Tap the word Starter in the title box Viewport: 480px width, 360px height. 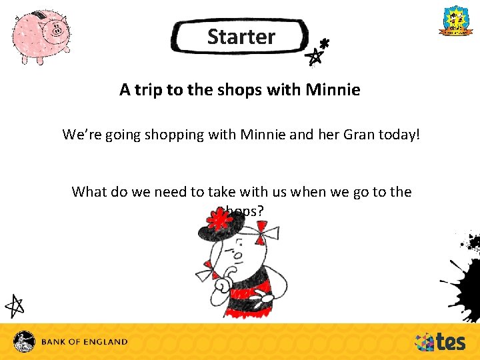pyautogui.click(x=241, y=37)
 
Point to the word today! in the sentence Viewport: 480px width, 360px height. pyautogui.click(x=399, y=135)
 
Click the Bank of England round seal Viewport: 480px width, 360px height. pyautogui.click(x=25, y=341)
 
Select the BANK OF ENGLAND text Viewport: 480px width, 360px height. pyautogui.click(x=84, y=342)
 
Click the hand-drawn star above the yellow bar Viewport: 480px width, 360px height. pyautogui.click(x=15, y=305)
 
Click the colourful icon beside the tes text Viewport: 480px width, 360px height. pyautogui.click(x=424, y=342)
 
